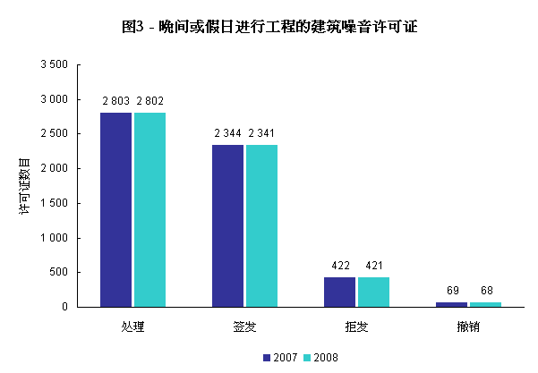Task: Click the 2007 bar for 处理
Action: [115, 209]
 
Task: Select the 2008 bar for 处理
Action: [149, 209]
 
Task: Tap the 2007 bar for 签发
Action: [227, 225]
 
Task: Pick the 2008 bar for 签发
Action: [261, 225]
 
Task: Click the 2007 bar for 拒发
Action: [339, 292]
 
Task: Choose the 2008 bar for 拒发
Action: [373, 292]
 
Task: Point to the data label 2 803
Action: [116, 101]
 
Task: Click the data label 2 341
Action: [262, 133]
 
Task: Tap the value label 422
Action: [340, 266]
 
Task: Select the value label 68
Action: [486, 291]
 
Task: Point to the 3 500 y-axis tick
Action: [54, 65]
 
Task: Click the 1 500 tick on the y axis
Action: [54, 203]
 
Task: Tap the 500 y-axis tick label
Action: [58, 272]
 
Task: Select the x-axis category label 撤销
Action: [468, 326]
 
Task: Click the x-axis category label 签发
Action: [244, 326]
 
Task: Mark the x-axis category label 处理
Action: [132, 326]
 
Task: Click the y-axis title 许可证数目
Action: [24, 185]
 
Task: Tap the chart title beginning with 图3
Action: [269, 27]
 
